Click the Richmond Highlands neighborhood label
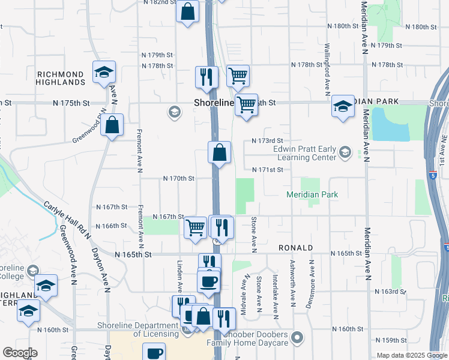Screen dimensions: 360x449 coord(61,78)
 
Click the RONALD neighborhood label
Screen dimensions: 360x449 coord(295,247)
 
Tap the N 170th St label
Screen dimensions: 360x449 coord(179,179)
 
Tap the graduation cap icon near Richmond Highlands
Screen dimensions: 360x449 coord(104,73)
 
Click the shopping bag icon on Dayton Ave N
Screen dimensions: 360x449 coord(112,125)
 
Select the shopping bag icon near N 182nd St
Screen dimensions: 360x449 coord(187,11)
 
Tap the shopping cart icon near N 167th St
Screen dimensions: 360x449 coord(195,227)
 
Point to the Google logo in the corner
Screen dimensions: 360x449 coord(19,353)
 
